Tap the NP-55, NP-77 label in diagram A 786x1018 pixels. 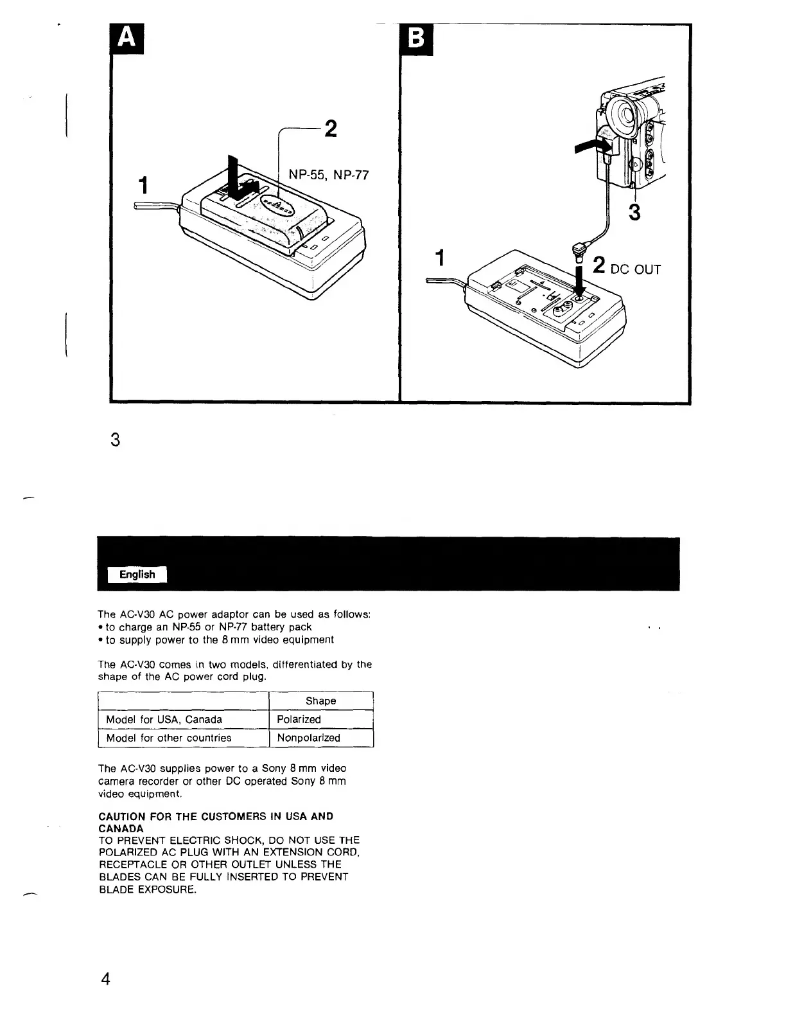click(x=328, y=175)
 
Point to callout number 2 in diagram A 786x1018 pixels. click(x=330, y=129)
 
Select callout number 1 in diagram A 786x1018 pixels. click(x=144, y=185)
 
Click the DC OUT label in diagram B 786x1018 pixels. click(x=635, y=269)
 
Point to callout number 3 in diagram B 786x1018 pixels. click(x=634, y=211)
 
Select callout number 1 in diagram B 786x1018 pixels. click(x=440, y=258)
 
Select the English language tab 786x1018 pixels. click(x=137, y=575)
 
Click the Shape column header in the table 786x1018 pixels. click(x=320, y=701)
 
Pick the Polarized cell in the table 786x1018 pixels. click(x=299, y=720)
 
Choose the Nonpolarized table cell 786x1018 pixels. click(x=308, y=738)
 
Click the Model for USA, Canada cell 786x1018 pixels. click(x=164, y=720)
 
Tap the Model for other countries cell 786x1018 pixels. click(x=169, y=738)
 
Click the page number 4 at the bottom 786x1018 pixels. click(x=106, y=979)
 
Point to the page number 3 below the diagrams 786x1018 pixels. click(x=115, y=440)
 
